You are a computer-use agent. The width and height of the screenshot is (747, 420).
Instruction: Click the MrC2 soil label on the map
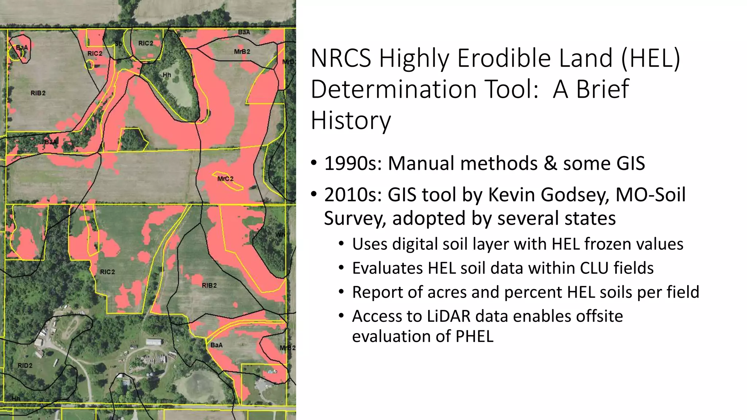click(225, 179)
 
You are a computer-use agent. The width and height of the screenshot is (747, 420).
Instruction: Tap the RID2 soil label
click(25, 365)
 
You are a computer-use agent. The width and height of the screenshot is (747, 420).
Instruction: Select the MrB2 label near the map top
click(242, 52)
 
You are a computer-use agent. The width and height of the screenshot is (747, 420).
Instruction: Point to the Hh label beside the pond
click(167, 75)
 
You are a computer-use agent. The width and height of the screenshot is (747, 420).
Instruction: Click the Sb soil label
click(119, 44)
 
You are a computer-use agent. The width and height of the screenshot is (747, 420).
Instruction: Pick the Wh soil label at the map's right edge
click(280, 234)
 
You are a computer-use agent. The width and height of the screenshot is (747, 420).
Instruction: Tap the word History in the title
click(351, 121)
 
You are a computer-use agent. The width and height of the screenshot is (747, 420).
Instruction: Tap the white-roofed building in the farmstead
click(154, 342)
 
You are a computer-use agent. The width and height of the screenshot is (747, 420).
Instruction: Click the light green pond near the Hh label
click(179, 87)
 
